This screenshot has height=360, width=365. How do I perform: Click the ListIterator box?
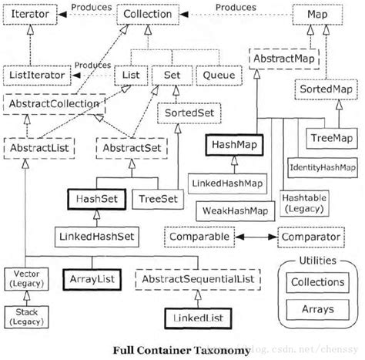click(x=37, y=76)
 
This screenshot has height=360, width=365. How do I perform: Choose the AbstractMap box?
click(x=281, y=58)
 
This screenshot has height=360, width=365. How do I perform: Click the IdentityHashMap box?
click(x=322, y=167)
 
